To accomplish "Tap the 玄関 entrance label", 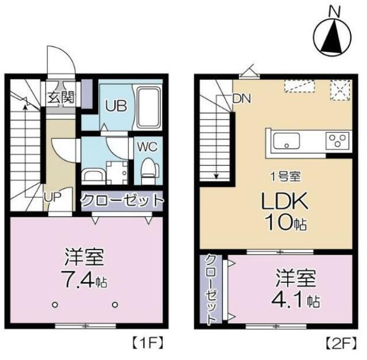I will coord(60,97).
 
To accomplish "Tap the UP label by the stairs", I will coord(53,196).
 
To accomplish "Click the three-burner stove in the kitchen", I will coord(337,140).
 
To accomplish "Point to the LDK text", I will coord(286,201).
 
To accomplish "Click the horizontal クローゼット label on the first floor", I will coord(122,201).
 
